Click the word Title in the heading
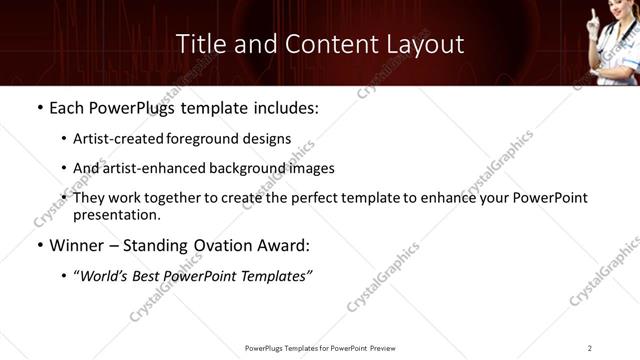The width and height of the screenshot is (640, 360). click(x=199, y=44)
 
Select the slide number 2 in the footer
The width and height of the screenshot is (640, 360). click(x=590, y=347)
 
